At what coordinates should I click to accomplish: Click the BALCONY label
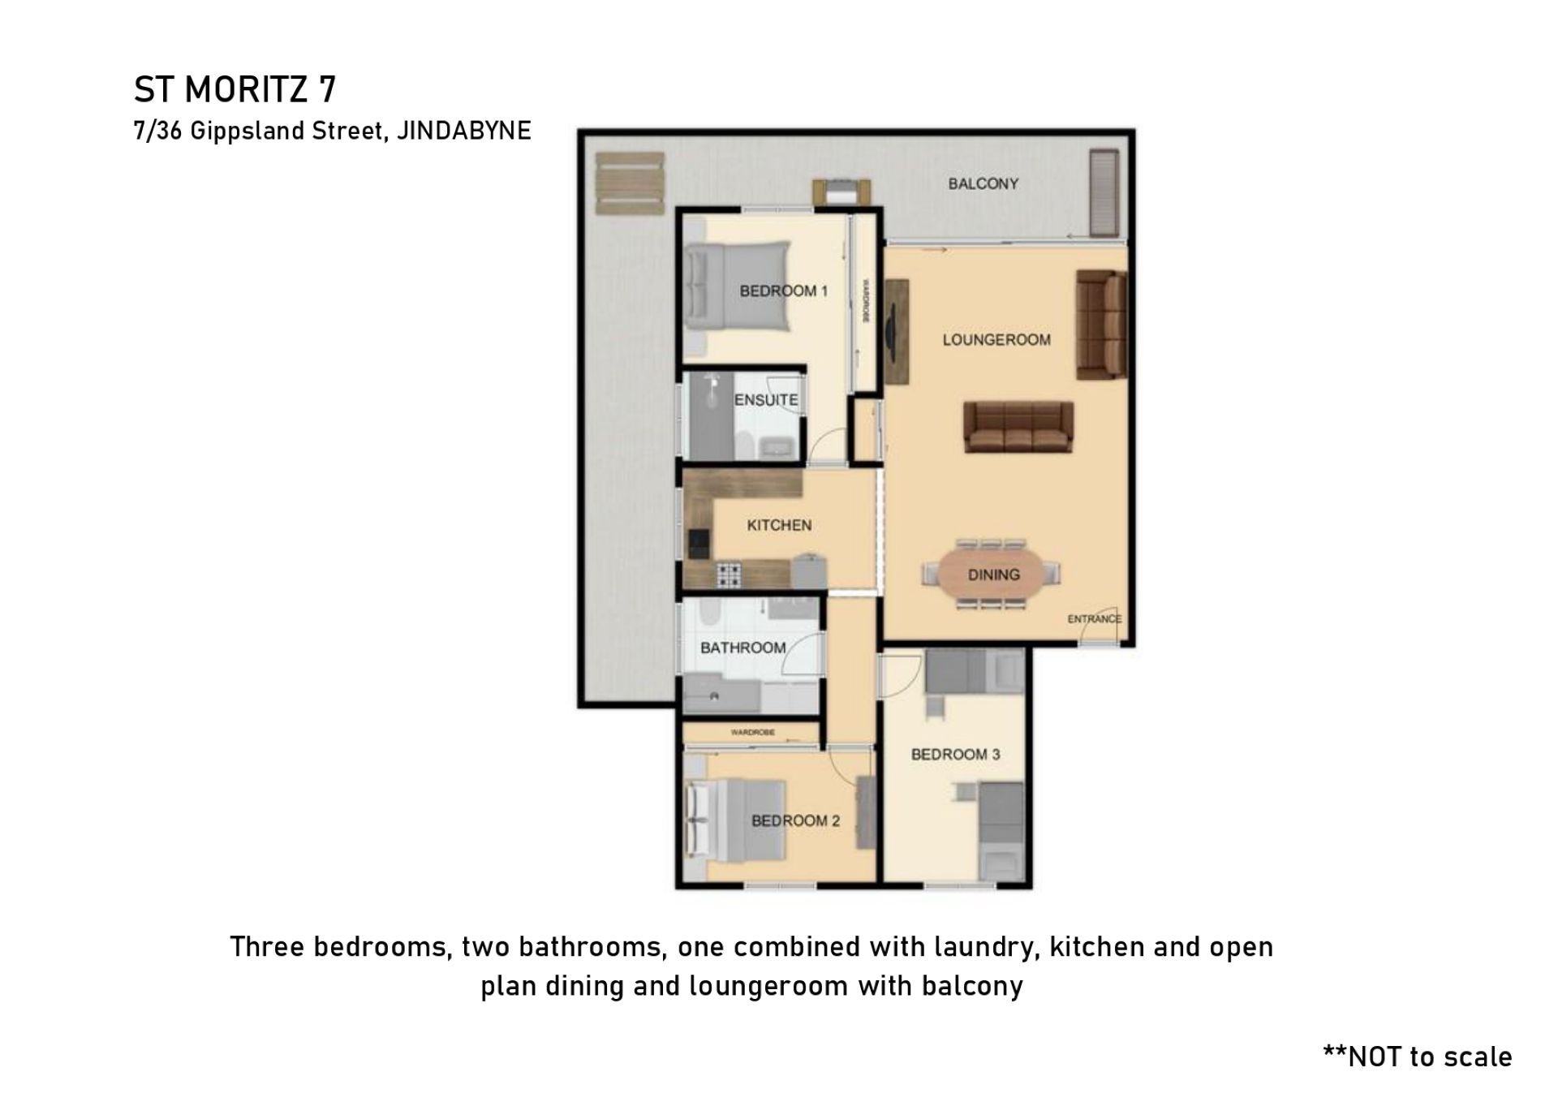(x=983, y=184)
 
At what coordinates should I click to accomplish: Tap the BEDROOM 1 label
(x=783, y=291)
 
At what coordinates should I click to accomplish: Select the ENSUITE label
(x=766, y=400)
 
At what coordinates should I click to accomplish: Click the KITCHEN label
(x=779, y=526)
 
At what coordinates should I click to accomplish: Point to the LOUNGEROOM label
(x=996, y=340)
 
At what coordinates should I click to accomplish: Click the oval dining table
(x=992, y=575)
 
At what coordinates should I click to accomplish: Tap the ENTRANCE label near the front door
(x=1094, y=619)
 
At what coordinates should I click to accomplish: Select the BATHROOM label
(x=743, y=648)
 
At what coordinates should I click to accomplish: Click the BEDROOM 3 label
(x=955, y=755)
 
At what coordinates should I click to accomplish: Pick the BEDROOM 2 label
(x=795, y=821)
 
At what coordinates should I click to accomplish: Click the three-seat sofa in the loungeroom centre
(x=1018, y=427)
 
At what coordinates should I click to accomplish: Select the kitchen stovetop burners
(x=728, y=575)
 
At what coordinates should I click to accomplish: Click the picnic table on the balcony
(x=630, y=183)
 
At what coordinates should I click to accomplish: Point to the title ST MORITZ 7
(x=235, y=89)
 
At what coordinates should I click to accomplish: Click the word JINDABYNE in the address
(x=463, y=131)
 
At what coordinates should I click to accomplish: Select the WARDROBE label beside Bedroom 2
(x=752, y=733)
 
